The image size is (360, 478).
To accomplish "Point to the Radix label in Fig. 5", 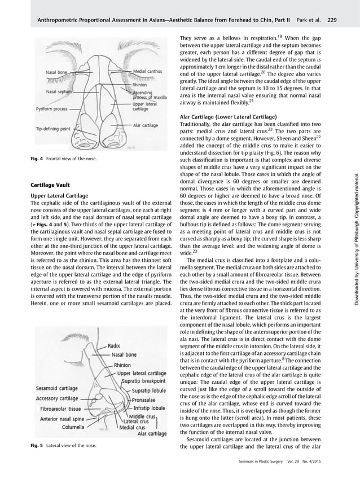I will (115, 330).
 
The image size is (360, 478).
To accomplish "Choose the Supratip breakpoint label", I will (144, 365).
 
